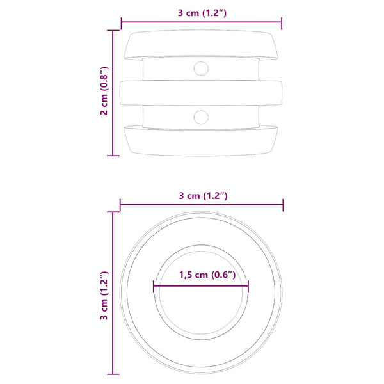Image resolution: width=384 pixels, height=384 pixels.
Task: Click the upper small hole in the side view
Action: (x=201, y=68)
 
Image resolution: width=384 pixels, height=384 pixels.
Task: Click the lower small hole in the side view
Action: (x=201, y=117)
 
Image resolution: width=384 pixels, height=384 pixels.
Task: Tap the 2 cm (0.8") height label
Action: (x=104, y=91)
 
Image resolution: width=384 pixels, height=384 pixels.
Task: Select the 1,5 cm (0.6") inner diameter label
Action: (x=207, y=275)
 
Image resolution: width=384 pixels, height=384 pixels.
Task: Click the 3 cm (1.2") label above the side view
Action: (x=202, y=13)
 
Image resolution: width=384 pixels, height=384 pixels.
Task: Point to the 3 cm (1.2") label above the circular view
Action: (x=204, y=196)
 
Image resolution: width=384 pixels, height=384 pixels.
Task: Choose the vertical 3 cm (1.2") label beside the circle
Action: (x=104, y=295)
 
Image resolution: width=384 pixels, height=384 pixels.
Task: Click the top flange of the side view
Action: (x=201, y=45)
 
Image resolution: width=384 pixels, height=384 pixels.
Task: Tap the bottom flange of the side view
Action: (x=201, y=141)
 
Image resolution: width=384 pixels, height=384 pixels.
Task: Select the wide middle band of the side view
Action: (x=201, y=93)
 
